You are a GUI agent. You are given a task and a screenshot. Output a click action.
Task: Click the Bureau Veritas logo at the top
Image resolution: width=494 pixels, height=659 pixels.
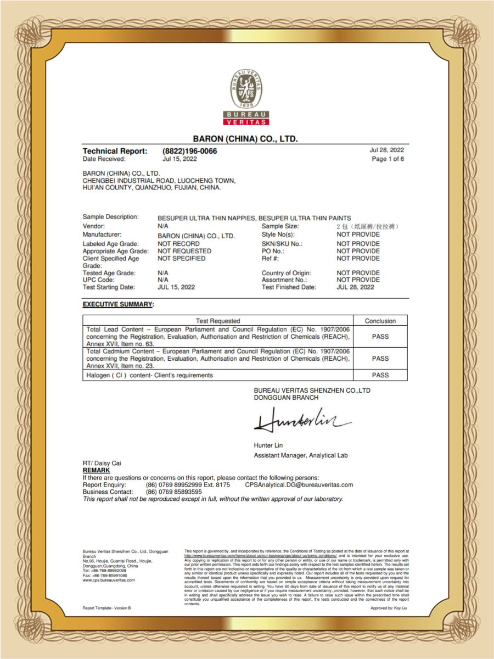click(x=246, y=98)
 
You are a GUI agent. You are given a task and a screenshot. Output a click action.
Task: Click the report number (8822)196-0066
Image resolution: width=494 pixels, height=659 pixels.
click(x=189, y=151)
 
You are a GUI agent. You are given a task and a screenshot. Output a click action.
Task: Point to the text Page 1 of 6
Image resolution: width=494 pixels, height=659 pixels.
click(x=388, y=159)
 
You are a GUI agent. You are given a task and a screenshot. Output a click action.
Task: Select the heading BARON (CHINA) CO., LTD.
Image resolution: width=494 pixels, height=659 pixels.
click(x=245, y=139)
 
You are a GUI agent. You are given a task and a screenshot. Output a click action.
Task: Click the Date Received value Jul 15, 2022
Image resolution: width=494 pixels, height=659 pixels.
click(x=179, y=159)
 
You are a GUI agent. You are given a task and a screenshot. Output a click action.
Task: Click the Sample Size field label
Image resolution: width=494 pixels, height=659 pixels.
click(x=280, y=226)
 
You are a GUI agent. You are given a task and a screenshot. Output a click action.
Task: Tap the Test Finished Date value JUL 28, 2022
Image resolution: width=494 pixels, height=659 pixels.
click(x=355, y=287)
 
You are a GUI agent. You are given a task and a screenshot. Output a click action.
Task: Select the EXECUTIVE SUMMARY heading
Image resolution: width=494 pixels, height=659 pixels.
click(x=117, y=304)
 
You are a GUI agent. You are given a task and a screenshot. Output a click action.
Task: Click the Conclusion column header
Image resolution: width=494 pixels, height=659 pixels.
click(x=380, y=321)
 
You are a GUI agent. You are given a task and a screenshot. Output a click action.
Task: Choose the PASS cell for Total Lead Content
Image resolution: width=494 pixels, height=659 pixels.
click(x=380, y=336)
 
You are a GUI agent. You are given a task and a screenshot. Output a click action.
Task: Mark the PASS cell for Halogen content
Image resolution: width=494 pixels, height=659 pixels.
click(x=380, y=375)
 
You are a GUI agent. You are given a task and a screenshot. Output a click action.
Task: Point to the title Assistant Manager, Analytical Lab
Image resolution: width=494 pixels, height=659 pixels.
click(x=300, y=456)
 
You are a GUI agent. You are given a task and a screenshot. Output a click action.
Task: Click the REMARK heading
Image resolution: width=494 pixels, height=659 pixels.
click(x=96, y=471)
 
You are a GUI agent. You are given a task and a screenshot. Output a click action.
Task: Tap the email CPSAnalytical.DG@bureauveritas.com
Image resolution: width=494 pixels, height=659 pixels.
click(x=299, y=485)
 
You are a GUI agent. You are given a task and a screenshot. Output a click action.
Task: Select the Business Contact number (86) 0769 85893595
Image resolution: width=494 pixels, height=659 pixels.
click(x=173, y=492)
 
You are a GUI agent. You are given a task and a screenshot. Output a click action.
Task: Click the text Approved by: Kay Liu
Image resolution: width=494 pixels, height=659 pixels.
click(x=389, y=608)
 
